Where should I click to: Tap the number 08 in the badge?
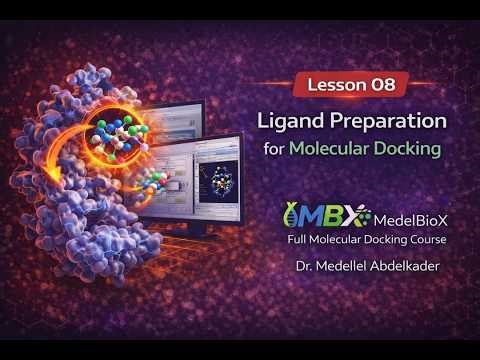click(385, 85)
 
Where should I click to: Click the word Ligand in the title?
click(290, 122)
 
